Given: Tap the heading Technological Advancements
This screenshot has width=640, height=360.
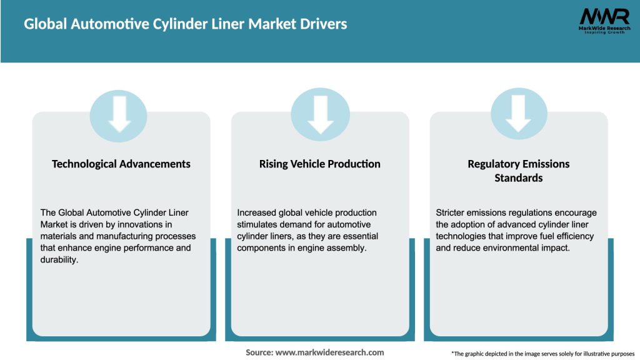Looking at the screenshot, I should (x=121, y=164).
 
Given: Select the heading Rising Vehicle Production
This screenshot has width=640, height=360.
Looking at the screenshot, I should (x=320, y=164).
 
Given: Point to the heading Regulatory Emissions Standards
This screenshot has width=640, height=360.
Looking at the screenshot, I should (x=519, y=171).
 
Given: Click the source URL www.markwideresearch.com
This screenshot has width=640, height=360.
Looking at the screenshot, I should (x=330, y=352).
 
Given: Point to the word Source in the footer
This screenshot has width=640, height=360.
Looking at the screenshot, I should (x=259, y=352).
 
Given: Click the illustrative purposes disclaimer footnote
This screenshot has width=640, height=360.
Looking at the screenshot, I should (x=542, y=354).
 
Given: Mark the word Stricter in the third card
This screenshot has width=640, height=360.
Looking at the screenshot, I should (x=451, y=212).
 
